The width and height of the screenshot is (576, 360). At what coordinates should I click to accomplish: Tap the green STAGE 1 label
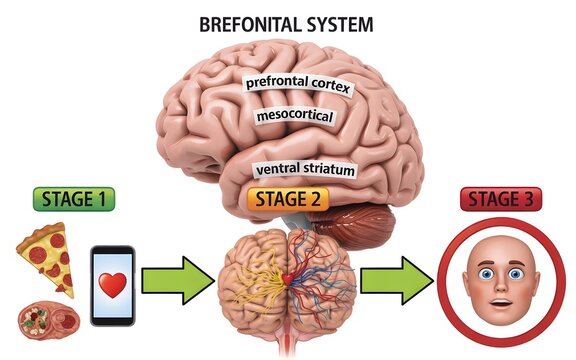point(74,198)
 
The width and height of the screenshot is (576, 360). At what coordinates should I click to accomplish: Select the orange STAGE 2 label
point(287,199)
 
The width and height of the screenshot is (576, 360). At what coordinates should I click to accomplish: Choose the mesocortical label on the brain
point(295,117)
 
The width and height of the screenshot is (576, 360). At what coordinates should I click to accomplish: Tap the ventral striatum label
point(304,170)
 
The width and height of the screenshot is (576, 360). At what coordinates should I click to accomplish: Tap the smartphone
point(113,285)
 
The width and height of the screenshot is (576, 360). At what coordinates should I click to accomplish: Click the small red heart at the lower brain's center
point(288,277)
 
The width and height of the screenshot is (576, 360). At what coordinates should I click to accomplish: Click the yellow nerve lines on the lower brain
point(250,271)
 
